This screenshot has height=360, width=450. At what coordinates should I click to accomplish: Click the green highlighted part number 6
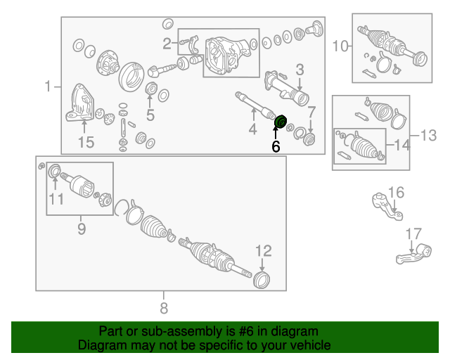pos(281,122)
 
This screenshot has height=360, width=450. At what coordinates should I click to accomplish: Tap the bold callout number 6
pos(276,146)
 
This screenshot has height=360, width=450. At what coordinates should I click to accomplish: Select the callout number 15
pos(86,142)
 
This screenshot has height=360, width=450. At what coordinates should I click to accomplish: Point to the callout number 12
pos(264,251)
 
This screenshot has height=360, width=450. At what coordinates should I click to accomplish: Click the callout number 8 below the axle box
pos(164,308)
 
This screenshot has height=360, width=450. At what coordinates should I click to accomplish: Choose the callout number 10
pos(340,46)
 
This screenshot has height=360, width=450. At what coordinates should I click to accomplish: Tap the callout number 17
pos(413,234)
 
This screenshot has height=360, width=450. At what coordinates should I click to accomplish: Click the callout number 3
pos(300,70)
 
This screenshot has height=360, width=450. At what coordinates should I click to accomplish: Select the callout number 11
pos(56,199)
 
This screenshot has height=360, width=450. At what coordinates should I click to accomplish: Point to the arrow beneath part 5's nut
pos(150,101)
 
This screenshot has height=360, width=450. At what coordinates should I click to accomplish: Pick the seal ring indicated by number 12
pos(262,280)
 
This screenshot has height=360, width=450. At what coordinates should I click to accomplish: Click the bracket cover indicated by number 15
pos(79,103)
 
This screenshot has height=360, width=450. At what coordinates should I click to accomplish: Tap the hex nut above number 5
pos(151,89)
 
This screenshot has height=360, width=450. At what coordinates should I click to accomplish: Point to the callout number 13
pos(428,135)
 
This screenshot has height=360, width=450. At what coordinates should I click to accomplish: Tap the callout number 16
pos(397,193)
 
